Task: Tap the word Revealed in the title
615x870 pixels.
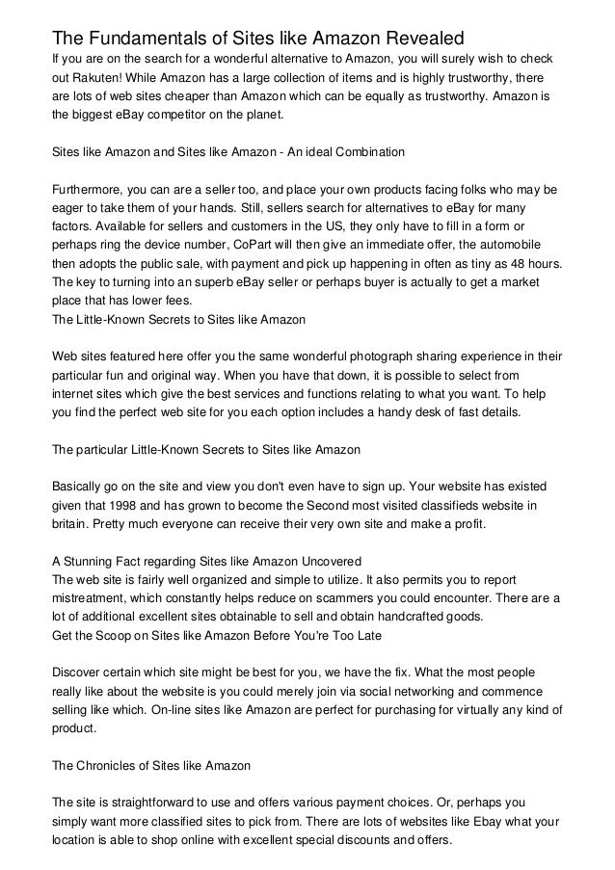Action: coord(421,38)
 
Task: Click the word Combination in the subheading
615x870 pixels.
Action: coord(368,151)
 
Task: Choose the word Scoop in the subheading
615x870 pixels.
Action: coord(118,637)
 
